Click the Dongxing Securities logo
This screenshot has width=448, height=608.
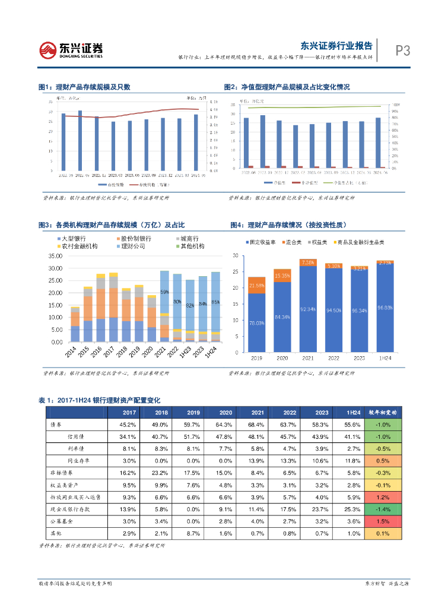71,50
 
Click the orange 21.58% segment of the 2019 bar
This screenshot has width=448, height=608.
256,285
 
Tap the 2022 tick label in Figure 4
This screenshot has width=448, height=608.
333,358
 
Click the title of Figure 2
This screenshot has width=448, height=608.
287,87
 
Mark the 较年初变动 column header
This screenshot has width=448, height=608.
385,413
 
